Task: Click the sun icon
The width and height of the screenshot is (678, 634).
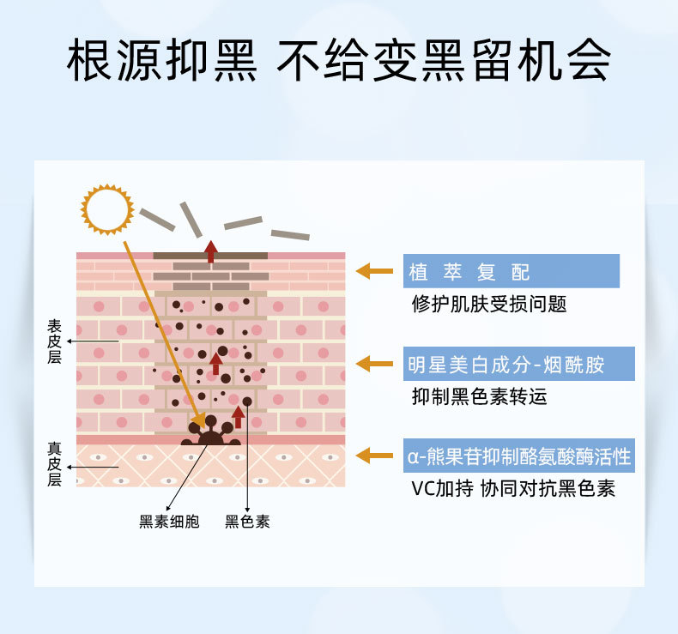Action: pos(107,208)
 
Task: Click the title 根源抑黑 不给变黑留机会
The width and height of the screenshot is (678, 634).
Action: pos(339,60)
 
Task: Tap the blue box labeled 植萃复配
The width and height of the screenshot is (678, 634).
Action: pos(512,271)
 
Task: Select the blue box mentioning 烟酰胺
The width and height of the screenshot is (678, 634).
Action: pos(519,364)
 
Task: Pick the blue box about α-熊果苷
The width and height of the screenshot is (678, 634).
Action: pos(519,456)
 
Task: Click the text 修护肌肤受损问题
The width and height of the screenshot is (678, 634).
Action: pos(489,305)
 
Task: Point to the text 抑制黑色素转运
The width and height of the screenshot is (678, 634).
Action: pos(479,396)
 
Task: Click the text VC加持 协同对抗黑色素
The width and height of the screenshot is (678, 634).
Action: pos(512,489)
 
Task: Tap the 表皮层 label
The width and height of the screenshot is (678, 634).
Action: pos(54,341)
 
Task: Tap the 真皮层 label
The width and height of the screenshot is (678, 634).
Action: pos(54,464)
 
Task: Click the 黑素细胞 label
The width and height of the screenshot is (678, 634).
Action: pos(169,521)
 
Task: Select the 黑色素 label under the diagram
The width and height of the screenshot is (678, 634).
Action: pos(247,521)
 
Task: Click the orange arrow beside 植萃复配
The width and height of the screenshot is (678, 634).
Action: pos(375,271)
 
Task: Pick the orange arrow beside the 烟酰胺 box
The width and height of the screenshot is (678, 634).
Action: pos(375,364)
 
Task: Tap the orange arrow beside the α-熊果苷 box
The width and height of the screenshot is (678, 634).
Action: pos(375,456)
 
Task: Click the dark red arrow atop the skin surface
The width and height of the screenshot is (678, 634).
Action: pos(210,251)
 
